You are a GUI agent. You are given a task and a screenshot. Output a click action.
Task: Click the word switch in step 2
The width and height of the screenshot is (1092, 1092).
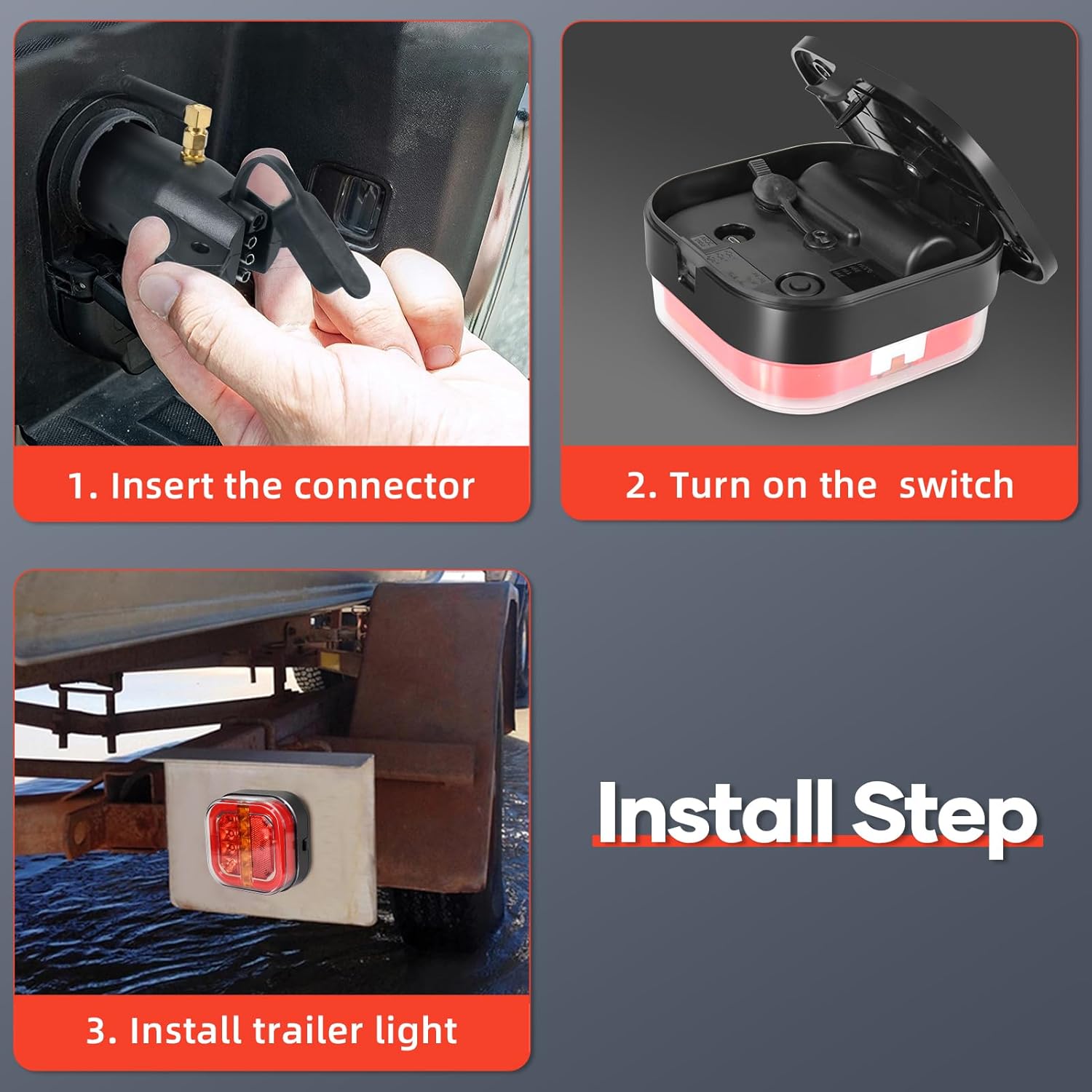(956, 485)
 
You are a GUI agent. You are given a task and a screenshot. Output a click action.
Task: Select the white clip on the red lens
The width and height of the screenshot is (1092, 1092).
(898, 359)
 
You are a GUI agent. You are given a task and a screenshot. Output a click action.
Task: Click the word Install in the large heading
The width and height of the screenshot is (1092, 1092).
(716, 811)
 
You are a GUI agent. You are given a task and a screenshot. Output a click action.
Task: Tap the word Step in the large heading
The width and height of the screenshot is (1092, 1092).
(943, 818)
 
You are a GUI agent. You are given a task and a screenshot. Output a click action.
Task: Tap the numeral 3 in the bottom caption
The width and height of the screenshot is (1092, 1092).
(95, 1031)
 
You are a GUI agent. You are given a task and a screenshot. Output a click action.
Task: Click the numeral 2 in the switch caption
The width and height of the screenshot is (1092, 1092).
(635, 486)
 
